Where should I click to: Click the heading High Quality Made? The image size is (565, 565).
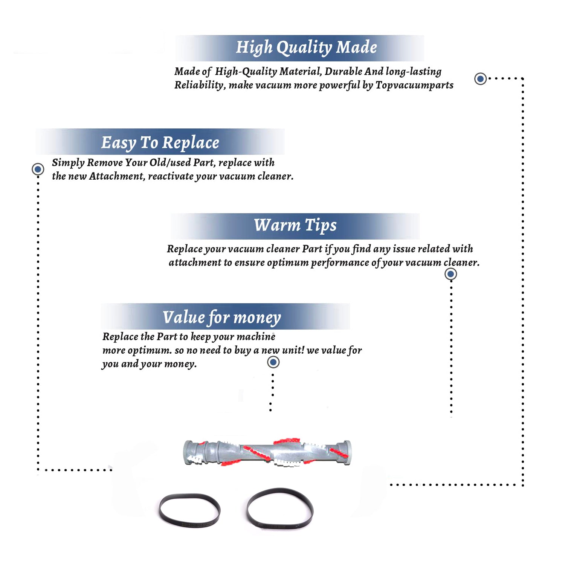tap(306, 48)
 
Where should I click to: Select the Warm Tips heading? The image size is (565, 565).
tap(295, 226)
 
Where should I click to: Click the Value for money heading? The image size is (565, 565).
tap(222, 318)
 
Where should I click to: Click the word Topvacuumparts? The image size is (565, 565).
tap(414, 86)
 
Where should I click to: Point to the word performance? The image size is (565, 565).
tap(339, 263)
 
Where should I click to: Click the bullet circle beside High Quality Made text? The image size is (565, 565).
tap(480, 79)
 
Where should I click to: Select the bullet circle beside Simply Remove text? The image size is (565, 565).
tap(38, 169)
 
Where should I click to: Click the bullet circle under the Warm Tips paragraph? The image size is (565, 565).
tap(450, 274)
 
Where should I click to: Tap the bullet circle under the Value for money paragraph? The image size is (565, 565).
tap(273, 362)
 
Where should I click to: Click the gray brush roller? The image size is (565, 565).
tap(267, 452)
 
